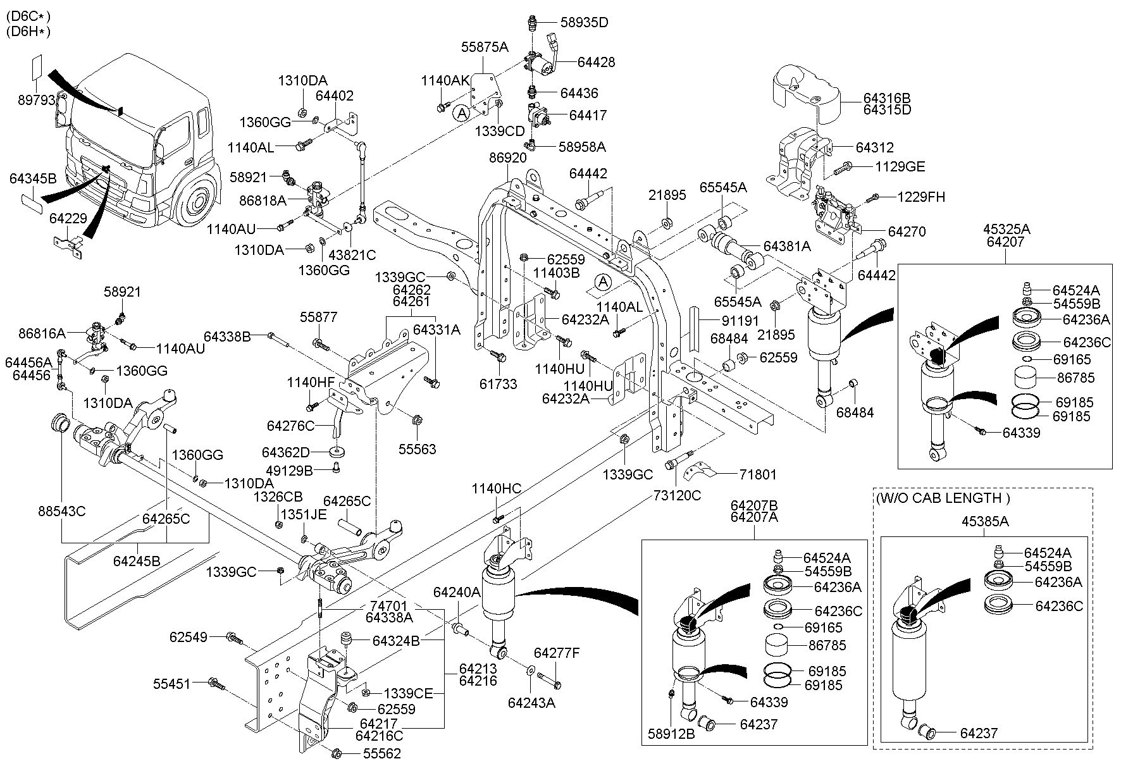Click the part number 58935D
584,23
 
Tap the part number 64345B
33,178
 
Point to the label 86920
507,158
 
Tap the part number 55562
381,753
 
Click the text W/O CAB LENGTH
943,498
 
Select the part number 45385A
986,522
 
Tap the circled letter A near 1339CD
462,114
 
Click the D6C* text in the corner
27,16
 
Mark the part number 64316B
888,98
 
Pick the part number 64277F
557,653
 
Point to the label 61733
498,383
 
